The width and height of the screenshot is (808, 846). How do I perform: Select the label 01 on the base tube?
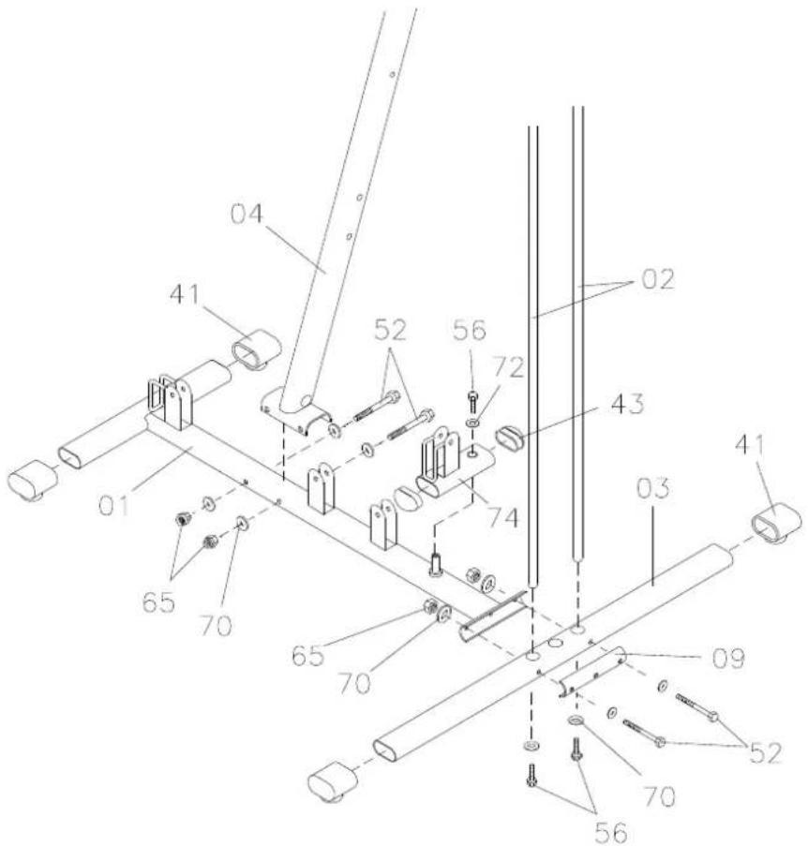(114, 506)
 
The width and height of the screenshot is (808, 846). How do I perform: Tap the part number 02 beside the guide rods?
(658, 279)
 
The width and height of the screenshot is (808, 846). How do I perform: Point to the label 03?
(653, 488)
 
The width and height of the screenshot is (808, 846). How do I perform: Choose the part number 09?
(728, 659)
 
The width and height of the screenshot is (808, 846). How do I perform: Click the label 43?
(627, 404)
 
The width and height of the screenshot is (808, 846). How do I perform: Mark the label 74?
(502, 517)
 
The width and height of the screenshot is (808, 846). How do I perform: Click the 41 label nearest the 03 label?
(751, 445)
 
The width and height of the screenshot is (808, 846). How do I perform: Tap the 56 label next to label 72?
(470, 330)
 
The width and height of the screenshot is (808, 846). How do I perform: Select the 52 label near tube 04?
(390, 330)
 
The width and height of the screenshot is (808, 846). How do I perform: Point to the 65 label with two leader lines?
(158, 602)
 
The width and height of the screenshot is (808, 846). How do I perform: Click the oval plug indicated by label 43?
(510, 437)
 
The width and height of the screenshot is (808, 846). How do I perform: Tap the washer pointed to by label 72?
(472, 422)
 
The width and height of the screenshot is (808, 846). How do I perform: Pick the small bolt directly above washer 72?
(472, 401)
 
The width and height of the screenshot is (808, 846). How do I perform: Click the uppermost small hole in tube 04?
(393, 74)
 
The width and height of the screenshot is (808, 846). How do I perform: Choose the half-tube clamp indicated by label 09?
(592, 672)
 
